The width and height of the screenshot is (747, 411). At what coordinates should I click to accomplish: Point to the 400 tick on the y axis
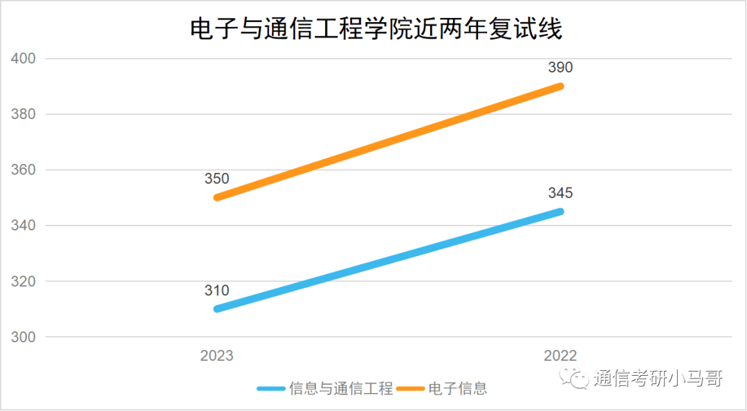(24, 59)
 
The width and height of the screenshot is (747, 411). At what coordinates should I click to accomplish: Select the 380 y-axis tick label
(24, 114)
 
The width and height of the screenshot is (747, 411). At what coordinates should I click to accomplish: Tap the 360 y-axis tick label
(24, 170)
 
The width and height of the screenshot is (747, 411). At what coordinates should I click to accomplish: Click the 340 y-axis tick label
(24, 226)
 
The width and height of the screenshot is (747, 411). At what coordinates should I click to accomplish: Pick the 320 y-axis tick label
(24, 282)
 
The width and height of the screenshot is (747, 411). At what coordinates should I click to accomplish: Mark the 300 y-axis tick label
(24, 338)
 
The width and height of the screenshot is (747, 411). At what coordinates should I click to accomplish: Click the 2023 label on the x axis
(217, 356)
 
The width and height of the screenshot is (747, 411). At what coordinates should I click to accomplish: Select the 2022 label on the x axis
(560, 356)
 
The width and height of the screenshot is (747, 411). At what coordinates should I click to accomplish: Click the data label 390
(560, 68)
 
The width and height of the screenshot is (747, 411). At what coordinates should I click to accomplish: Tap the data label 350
(216, 179)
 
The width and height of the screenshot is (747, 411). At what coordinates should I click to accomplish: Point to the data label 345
(560, 193)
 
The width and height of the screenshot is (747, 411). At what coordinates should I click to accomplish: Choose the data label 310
(216, 291)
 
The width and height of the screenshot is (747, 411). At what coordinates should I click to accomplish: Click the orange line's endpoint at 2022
(560, 86)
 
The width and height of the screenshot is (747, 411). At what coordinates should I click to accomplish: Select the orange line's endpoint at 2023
(218, 197)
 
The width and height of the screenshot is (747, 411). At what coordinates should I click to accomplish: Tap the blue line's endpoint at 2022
(560, 211)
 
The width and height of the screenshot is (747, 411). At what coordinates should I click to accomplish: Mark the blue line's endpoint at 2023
(218, 309)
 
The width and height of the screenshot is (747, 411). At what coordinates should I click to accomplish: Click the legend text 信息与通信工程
(341, 389)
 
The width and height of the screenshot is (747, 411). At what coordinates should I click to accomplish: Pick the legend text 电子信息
(457, 389)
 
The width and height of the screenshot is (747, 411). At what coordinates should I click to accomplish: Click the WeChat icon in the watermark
(575, 378)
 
